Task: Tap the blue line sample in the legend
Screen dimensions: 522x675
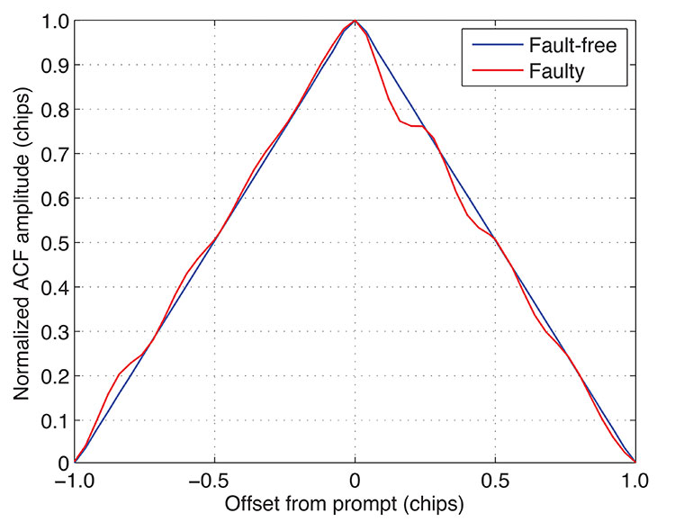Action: coord(485,42)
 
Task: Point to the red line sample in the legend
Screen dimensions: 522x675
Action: coord(485,71)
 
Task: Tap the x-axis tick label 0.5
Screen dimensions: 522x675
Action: coord(496,481)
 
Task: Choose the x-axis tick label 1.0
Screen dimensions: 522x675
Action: coord(635,481)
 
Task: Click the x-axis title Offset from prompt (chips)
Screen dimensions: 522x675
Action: coord(355,503)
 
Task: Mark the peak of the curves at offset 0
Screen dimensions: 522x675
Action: coord(355,21)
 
